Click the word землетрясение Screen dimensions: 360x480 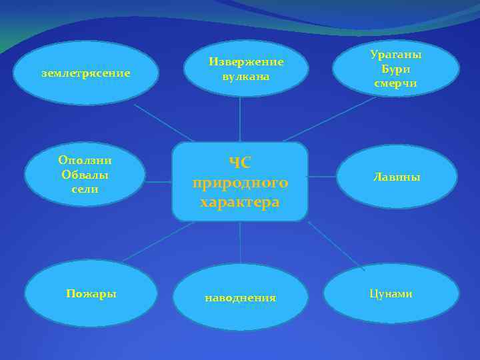click(85, 73)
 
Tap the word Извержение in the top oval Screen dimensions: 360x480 click(246, 61)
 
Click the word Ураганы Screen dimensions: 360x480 click(396, 55)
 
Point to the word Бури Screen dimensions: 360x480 click(395, 69)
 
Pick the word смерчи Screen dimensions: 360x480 click(395, 83)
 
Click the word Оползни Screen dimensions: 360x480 click(85, 160)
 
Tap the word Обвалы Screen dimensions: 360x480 click(85, 175)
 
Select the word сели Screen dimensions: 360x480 click(85, 189)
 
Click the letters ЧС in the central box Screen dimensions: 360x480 click(240, 162)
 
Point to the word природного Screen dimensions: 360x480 click(240, 182)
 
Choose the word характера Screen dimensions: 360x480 click(240, 202)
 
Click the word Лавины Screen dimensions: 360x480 click(396, 177)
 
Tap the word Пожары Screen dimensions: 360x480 click(91, 293)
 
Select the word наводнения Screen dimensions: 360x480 click(240, 298)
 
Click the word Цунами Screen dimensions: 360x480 click(391, 293)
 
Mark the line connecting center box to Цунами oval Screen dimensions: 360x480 click(337, 246)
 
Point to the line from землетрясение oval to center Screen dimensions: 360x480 click(163, 123)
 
